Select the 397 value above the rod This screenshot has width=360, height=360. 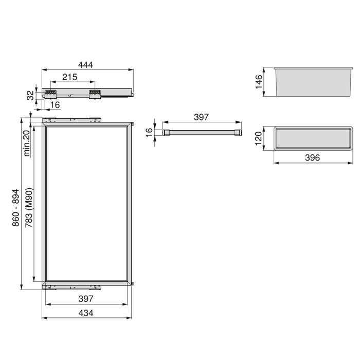tap(201, 117)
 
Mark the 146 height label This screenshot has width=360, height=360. tap(259, 81)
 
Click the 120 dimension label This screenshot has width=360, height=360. tap(259, 138)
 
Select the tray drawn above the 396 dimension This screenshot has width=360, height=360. tap(312, 138)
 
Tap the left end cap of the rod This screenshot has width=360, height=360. tap(166, 133)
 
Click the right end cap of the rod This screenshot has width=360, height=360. tap(238, 133)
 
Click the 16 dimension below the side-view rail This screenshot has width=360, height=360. tap(55, 105)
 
